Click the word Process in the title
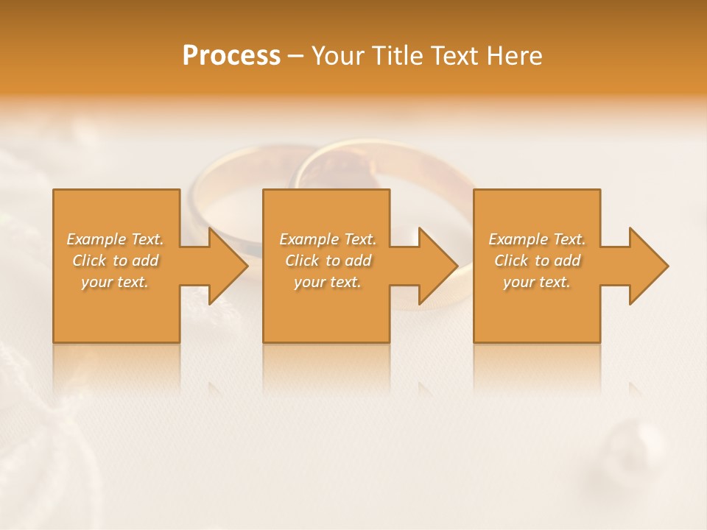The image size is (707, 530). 231,56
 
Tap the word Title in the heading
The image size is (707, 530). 397,56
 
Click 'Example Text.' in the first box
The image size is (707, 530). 115,239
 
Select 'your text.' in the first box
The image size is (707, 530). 115,282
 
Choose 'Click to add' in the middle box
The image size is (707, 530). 328,261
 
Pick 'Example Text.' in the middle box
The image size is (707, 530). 328,239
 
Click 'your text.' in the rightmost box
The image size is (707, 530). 537,282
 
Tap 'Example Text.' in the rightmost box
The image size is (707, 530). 537,239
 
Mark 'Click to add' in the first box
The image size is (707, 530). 115,261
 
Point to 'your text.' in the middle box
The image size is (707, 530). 328,282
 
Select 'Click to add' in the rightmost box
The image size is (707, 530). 537,261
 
